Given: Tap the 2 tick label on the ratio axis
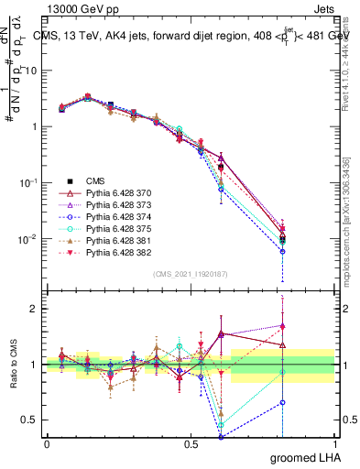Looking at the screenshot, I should tap(35, 309).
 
